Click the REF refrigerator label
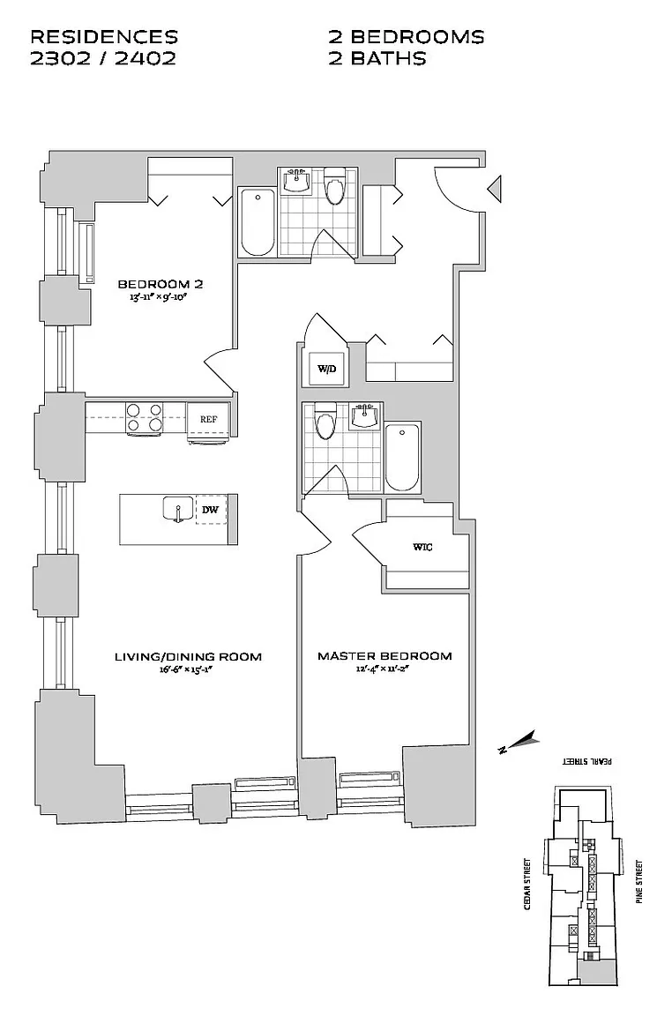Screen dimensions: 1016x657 208,420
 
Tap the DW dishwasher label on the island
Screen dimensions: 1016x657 210,510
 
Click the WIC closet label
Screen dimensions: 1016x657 422,547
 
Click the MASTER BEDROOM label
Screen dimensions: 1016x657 384,656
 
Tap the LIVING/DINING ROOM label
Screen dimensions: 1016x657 188,656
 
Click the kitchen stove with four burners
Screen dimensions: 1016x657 146,417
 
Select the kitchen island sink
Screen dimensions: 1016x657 178,509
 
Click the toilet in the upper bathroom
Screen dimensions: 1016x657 334,186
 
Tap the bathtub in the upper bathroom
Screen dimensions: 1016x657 258,221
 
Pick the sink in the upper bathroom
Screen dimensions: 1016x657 298,181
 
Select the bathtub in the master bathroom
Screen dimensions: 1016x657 402,456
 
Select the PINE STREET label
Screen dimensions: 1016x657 639,882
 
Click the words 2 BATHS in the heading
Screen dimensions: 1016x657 377,58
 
